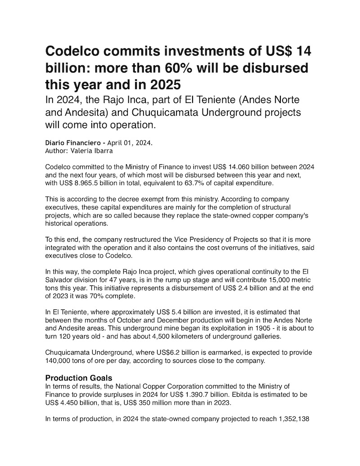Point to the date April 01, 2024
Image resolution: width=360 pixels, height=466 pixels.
pyautogui.click(x=130, y=143)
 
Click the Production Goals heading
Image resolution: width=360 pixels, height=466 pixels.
pyautogui.click(x=79, y=378)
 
